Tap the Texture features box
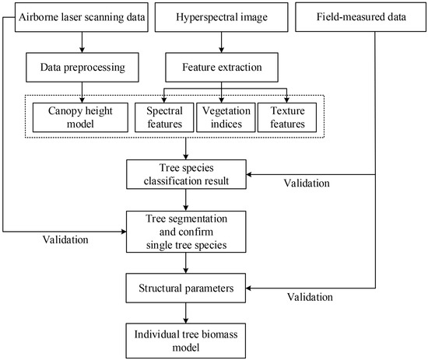pos(278,117)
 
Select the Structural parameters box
pos(185,288)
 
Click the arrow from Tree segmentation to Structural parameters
pos(185,264)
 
